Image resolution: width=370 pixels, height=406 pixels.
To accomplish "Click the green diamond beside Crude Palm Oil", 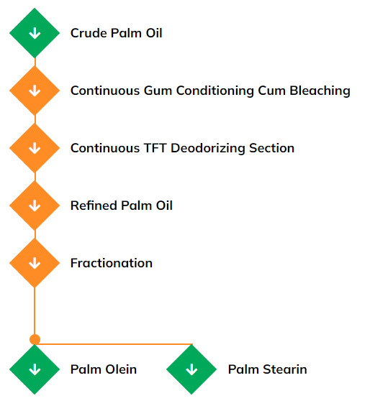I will (35, 33).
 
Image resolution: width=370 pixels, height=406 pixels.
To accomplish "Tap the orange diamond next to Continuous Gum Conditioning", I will (35, 91).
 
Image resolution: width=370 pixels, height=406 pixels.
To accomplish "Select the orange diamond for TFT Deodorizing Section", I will (35, 148).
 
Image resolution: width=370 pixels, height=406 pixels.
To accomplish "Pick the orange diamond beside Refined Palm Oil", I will (35, 206).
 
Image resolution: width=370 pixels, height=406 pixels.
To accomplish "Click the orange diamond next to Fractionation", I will (35, 263).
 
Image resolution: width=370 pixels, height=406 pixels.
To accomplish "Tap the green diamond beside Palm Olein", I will (35, 369).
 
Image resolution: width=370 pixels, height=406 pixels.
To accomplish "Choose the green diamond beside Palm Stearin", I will (191, 369).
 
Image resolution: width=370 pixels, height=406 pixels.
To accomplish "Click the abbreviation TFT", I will (155, 148).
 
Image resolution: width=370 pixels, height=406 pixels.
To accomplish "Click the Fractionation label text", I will (112, 263).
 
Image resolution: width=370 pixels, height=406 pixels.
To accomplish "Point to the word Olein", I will (119, 369).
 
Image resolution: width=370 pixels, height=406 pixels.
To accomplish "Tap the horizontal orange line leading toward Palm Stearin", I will (115, 343).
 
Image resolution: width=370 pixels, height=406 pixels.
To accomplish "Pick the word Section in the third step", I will (271, 148).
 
